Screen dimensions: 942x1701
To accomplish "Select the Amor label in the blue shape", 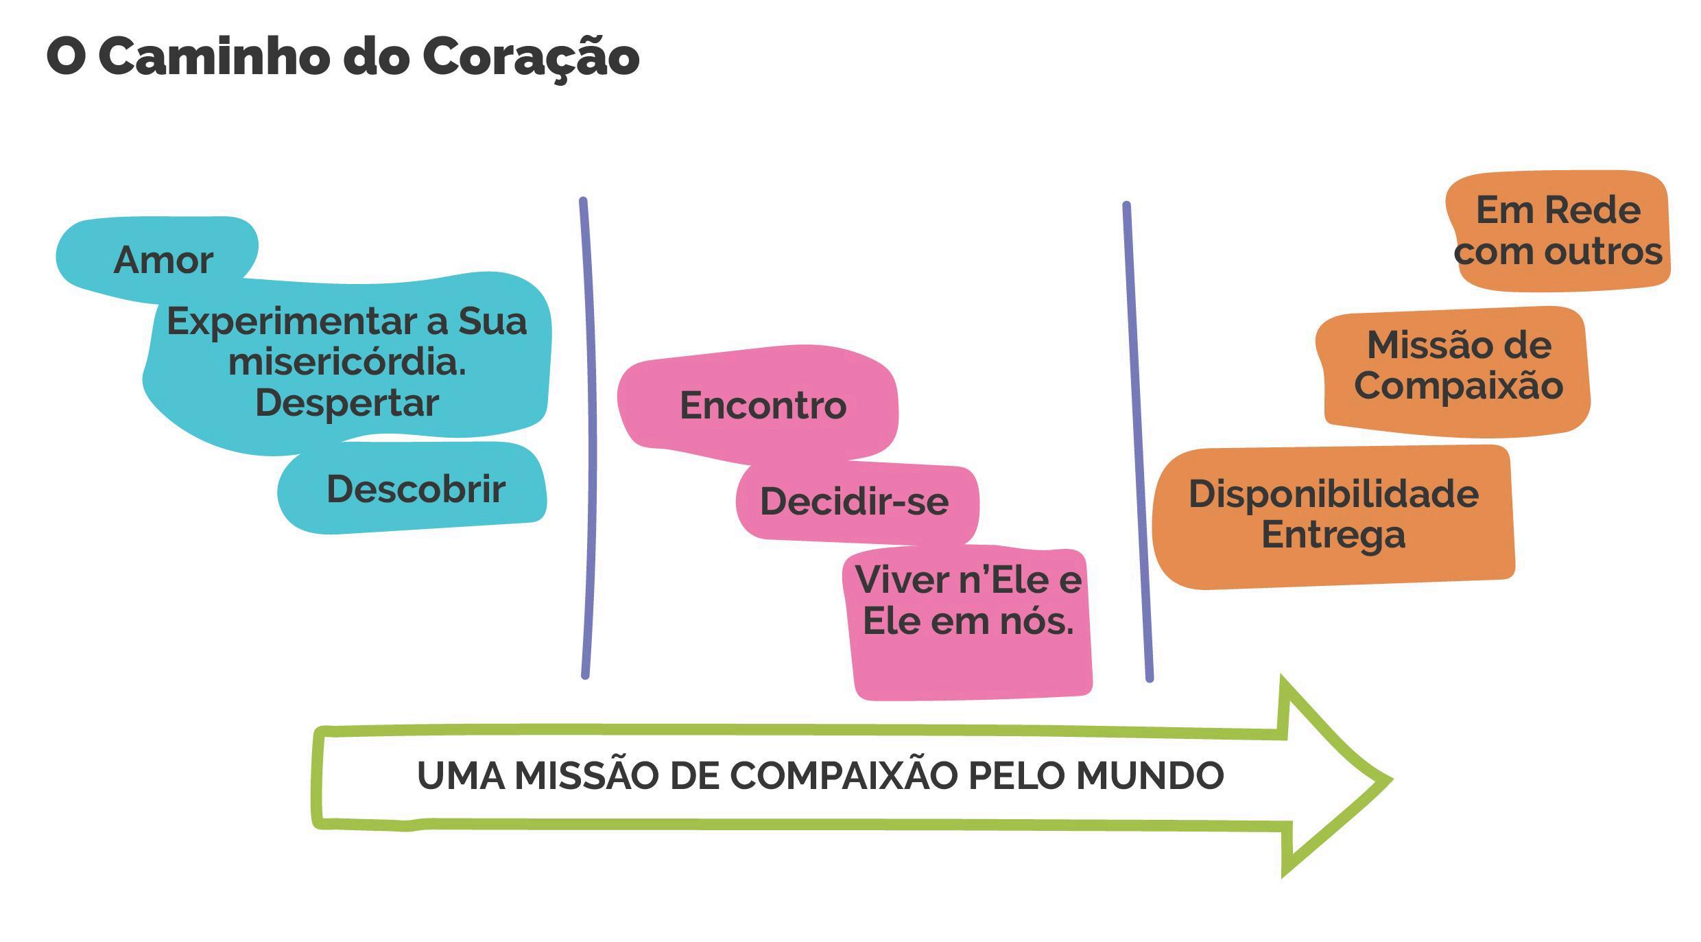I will coord(163,261).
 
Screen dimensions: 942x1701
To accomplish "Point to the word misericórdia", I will coord(346,362).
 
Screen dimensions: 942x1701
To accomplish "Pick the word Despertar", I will coord(347,403).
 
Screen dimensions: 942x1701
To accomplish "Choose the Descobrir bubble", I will coord(416,489).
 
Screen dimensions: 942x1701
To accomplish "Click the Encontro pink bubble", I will coord(763,405).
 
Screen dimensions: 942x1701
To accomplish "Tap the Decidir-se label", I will coord(854,502).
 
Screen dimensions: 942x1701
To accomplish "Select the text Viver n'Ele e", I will coord(968,580).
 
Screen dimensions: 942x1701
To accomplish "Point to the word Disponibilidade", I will coord(1333,494).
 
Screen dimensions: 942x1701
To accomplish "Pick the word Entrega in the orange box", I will coord(1333,535).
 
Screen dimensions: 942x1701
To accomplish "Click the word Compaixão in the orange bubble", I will coord(1458,386).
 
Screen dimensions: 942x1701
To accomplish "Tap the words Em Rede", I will coord(1558,210).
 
